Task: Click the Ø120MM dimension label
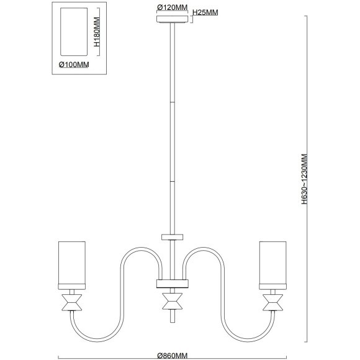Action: point(172,7)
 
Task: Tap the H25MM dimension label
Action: point(205,12)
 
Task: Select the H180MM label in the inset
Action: point(97,32)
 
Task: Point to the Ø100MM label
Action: point(74,65)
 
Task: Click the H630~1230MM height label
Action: point(304,179)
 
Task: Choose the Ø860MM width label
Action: point(173,356)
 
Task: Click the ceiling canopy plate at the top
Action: point(172,19)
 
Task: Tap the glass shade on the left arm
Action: point(72,263)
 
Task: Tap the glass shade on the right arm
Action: point(272,263)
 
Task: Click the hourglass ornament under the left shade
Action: point(72,303)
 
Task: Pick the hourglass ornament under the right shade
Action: point(272,303)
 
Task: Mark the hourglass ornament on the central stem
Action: point(173,301)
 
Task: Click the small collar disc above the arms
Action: point(172,237)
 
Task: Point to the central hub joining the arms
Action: point(173,284)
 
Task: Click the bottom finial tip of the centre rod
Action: point(173,322)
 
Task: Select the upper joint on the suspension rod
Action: point(173,102)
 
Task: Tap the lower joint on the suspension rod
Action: point(173,181)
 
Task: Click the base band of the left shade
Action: point(72,287)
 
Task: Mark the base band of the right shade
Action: point(272,287)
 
